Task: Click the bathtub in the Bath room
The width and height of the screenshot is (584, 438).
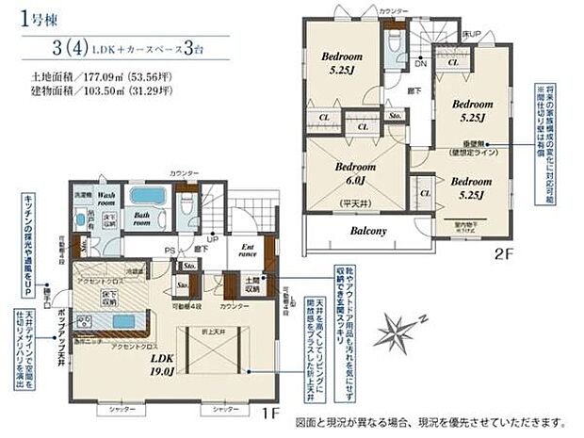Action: (148, 196)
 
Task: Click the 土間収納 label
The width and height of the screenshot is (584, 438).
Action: (254, 284)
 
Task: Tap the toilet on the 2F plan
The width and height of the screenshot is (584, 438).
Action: (394, 42)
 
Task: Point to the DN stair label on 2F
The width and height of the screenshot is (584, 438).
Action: (420, 64)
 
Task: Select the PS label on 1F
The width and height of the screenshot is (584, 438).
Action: (170, 250)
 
